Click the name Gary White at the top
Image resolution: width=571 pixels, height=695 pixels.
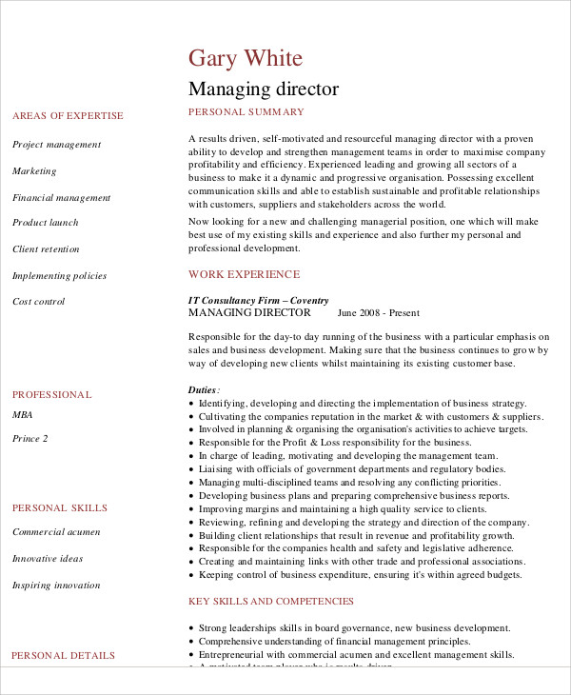(x=246, y=58)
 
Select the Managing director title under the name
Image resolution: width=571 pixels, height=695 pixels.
(x=264, y=89)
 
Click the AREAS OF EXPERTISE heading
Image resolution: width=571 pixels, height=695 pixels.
(x=68, y=116)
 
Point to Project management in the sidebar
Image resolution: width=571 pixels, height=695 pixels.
(x=56, y=145)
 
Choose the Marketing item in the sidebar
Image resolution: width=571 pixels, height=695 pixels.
(x=34, y=171)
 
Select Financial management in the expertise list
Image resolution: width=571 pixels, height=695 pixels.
(x=61, y=198)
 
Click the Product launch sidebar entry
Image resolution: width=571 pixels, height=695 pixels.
(x=45, y=223)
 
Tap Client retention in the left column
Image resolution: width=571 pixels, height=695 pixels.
(x=47, y=249)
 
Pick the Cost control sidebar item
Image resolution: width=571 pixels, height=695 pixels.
(x=38, y=302)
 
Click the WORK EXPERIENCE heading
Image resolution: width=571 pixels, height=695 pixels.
(x=244, y=274)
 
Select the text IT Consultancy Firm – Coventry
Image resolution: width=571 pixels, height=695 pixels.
(x=258, y=299)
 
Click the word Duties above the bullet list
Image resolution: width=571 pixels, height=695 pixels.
(x=203, y=390)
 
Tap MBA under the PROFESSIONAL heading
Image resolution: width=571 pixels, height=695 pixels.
(x=22, y=415)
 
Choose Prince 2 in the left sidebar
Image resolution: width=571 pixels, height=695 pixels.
(x=30, y=439)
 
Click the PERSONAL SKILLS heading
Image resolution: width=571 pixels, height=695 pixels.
(x=60, y=508)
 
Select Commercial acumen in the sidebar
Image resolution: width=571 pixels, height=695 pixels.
(x=56, y=532)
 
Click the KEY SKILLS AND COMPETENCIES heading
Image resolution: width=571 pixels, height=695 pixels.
(x=271, y=602)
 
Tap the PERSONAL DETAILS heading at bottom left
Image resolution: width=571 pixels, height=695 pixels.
(x=63, y=655)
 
